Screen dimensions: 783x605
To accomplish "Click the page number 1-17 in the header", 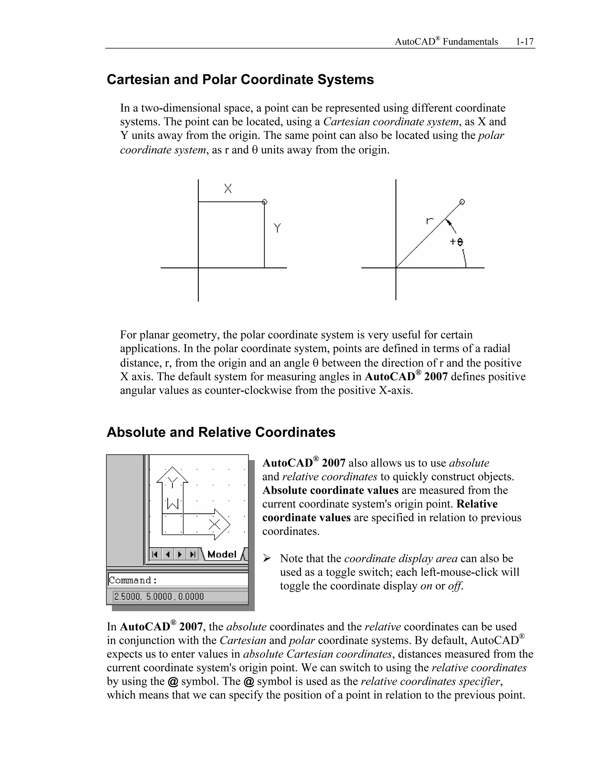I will click(x=524, y=42).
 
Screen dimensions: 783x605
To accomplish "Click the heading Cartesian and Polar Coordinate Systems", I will click(x=240, y=79).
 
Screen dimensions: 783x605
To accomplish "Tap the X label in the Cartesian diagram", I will click(x=228, y=189).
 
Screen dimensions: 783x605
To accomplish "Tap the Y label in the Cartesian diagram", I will click(x=277, y=228).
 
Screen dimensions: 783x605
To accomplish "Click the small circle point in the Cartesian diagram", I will click(x=264, y=202).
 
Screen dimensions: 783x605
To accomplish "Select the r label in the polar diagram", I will click(x=430, y=220).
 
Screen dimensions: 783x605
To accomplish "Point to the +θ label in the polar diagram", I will click(x=457, y=242).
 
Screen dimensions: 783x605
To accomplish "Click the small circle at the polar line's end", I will click(x=462, y=202).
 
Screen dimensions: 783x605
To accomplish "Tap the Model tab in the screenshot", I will click(x=222, y=554).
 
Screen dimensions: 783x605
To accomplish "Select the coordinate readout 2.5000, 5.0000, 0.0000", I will click(x=159, y=597).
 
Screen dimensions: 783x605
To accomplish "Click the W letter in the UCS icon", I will click(x=173, y=504).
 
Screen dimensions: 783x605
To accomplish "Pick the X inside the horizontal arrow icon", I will click(x=215, y=524).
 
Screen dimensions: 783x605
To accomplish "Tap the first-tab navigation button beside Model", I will click(x=155, y=555).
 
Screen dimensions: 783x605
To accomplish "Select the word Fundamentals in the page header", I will click(x=470, y=42).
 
